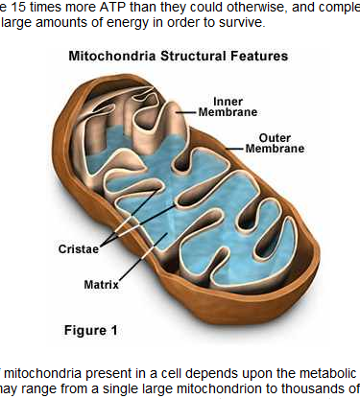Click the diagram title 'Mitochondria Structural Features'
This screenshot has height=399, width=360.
coord(178,56)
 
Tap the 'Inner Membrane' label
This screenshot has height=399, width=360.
coord(228,105)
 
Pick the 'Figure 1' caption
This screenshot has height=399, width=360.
coord(90,331)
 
